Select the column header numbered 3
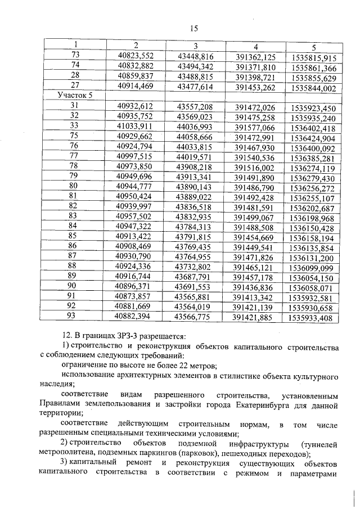click(x=195, y=46)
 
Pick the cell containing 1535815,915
click(x=314, y=57)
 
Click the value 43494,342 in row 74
click(x=195, y=66)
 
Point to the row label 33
click(x=74, y=125)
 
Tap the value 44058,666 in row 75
click(x=195, y=137)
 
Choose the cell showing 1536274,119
click(x=314, y=168)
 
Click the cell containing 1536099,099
click(x=314, y=268)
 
